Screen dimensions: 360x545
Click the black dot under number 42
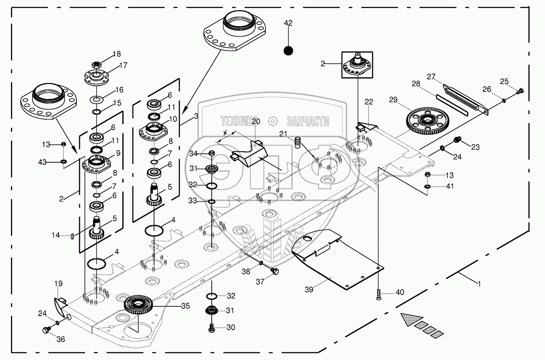coord(288,51)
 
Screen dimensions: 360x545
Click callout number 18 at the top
coord(117,54)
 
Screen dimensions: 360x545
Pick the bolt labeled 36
coord(46,330)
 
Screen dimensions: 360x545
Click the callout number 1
coord(479,284)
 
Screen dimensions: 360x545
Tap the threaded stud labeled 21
coord(299,143)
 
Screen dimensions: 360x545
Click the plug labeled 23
coord(456,141)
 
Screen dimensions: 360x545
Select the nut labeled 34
coord(211,153)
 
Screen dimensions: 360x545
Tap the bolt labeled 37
coord(274,271)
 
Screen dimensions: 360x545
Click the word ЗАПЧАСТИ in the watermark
coord(308,121)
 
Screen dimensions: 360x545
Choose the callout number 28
coord(415,84)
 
